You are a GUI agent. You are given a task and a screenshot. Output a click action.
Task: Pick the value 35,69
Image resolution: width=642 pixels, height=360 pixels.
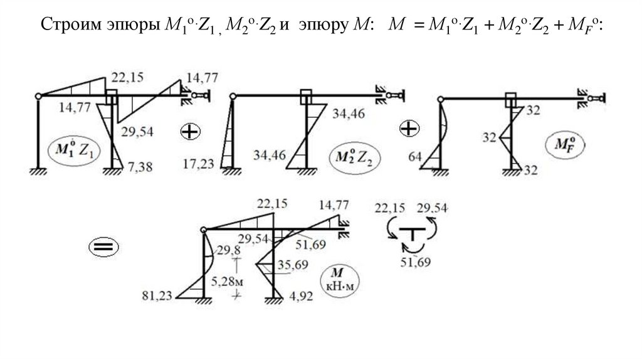[x=293, y=265]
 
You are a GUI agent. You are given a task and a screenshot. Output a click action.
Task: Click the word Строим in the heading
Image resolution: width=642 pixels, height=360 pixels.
[x=63, y=26]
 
